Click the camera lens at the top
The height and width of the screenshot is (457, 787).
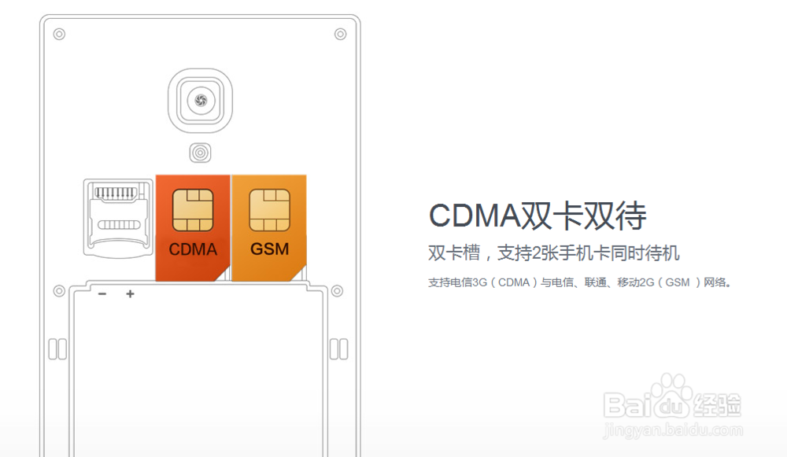pyautogui.click(x=200, y=100)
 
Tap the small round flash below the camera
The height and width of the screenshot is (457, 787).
pyautogui.click(x=200, y=153)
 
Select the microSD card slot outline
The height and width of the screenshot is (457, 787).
pyautogui.click(x=118, y=216)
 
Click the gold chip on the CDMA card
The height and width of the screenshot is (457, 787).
pyautogui.click(x=191, y=210)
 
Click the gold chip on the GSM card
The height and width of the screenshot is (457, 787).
pyautogui.click(x=268, y=210)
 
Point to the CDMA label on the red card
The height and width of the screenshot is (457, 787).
pyautogui.click(x=193, y=250)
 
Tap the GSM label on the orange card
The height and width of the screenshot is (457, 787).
pyautogui.click(x=269, y=250)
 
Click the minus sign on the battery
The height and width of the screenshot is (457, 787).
pyautogui.click(x=102, y=294)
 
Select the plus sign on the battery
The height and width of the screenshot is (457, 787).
pyautogui.click(x=130, y=294)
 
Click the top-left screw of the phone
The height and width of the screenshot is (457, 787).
pyautogui.click(x=59, y=34)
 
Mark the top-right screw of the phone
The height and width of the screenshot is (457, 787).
pyautogui.click(x=340, y=34)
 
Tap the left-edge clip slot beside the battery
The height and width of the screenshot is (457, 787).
pyautogui.click(x=57, y=349)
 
